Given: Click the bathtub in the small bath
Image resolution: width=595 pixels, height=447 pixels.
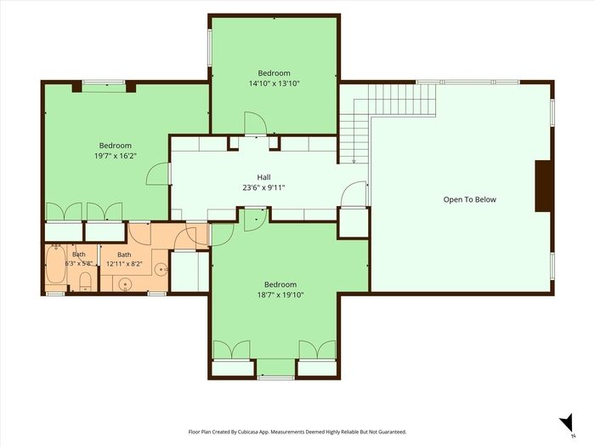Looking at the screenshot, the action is [x=56, y=264].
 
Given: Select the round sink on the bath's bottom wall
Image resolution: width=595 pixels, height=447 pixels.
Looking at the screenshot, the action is [x=125, y=284].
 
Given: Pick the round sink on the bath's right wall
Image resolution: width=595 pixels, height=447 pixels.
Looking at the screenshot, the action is [x=161, y=270].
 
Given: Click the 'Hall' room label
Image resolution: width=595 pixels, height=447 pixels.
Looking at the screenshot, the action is [x=263, y=177].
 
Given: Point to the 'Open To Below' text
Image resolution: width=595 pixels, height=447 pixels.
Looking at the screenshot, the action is [x=469, y=199].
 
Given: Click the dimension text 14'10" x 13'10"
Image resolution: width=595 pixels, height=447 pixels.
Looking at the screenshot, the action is [x=274, y=83].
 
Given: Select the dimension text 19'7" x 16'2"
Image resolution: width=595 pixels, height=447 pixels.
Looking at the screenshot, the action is [x=116, y=156].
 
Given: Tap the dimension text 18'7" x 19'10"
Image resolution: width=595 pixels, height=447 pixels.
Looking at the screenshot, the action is [x=280, y=295].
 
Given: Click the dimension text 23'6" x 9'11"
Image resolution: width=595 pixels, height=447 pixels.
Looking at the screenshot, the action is [x=263, y=187].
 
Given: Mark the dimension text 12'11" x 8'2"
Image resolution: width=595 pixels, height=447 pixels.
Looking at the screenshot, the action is [x=124, y=264].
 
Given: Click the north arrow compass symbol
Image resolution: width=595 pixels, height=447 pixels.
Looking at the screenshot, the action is [x=567, y=422].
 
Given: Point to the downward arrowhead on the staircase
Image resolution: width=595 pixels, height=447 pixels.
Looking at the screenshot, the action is [x=354, y=162].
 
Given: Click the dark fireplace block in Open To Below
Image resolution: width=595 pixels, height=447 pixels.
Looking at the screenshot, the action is [x=542, y=186].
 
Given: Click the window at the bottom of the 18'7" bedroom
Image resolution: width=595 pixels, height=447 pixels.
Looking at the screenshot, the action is [x=276, y=377].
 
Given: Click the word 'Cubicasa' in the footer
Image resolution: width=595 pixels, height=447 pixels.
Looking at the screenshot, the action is [x=249, y=432].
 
